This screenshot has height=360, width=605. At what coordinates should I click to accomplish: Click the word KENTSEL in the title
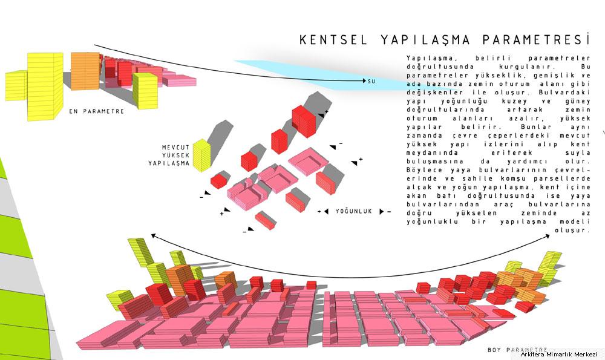pos(333,40)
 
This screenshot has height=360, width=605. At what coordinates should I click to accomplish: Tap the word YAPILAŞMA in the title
pos(425,40)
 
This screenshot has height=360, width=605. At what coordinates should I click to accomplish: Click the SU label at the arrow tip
pos(371,82)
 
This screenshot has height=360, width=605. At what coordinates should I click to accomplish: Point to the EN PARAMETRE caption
pos(96,111)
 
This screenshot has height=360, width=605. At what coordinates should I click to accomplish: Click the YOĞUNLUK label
pos(353,211)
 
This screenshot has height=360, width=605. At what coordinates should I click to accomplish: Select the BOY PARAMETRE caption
pos(517,350)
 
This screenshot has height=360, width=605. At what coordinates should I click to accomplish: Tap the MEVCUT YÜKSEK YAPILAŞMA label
pos(169,155)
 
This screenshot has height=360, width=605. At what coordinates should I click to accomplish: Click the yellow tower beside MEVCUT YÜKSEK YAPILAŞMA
pos(201,155)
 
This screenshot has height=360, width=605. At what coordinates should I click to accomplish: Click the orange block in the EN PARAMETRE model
pos(85,71)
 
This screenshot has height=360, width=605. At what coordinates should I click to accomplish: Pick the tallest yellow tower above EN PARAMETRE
pos(45,87)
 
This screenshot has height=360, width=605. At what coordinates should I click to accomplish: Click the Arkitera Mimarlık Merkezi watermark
pos(558,354)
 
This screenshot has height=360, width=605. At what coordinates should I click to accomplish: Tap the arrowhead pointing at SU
pos(364,80)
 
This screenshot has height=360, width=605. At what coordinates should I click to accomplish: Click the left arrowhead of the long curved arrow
pos(153,236)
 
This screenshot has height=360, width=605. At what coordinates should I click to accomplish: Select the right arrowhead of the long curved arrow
pos(548,236)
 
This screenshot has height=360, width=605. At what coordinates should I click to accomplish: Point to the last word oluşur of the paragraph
pos(573,230)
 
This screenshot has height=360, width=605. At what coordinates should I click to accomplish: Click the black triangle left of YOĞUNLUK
pos(327,211)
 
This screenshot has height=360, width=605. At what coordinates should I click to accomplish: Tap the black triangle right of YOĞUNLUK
pos(382,211)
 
